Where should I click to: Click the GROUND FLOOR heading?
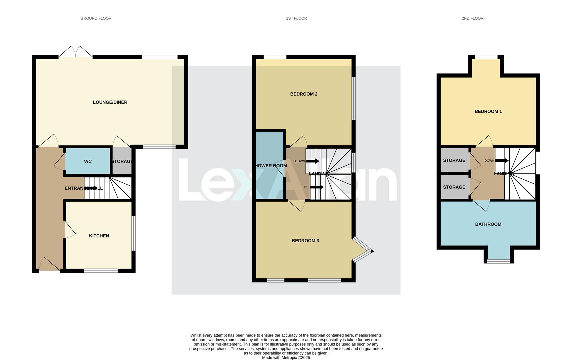pyautogui.click(x=96, y=18)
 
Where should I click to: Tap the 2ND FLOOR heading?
pyautogui.click(x=472, y=18)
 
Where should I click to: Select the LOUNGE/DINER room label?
pyautogui.click(x=110, y=102)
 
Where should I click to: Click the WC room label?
pyautogui.click(x=88, y=161)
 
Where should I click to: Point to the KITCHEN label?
pyautogui.click(x=99, y=236)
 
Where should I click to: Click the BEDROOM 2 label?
pyautogui.click(x=304, y=94)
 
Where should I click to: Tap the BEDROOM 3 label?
pyautogui.click(x=305, y=241)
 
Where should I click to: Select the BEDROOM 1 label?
pyautogui.click(x=488, y=111)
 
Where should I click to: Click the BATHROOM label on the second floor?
pyautogui.click(x=488, y=224)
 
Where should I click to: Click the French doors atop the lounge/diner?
pyautogui.click(x=76, y=52)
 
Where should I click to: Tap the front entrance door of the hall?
pyautogui.click(x=49, y=265)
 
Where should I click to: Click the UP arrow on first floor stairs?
pyautogui.click(x=317, y=187)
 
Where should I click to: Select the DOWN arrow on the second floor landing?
pyautogui.click(x=501, y=161)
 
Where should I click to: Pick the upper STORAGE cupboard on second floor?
pyautogui.click(x=454, y=160)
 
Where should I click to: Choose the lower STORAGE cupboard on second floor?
pyautogui.click(x=454, y=187)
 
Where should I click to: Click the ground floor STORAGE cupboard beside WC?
pyautogui.click(x=122, y=161)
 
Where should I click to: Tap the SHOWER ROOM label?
pyautogui.click(x=269, y=166)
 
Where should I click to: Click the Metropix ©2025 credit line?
pyautogui.click(x=286, y=358)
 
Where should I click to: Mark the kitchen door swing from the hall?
pyautogui.click(x=69, y=230)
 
